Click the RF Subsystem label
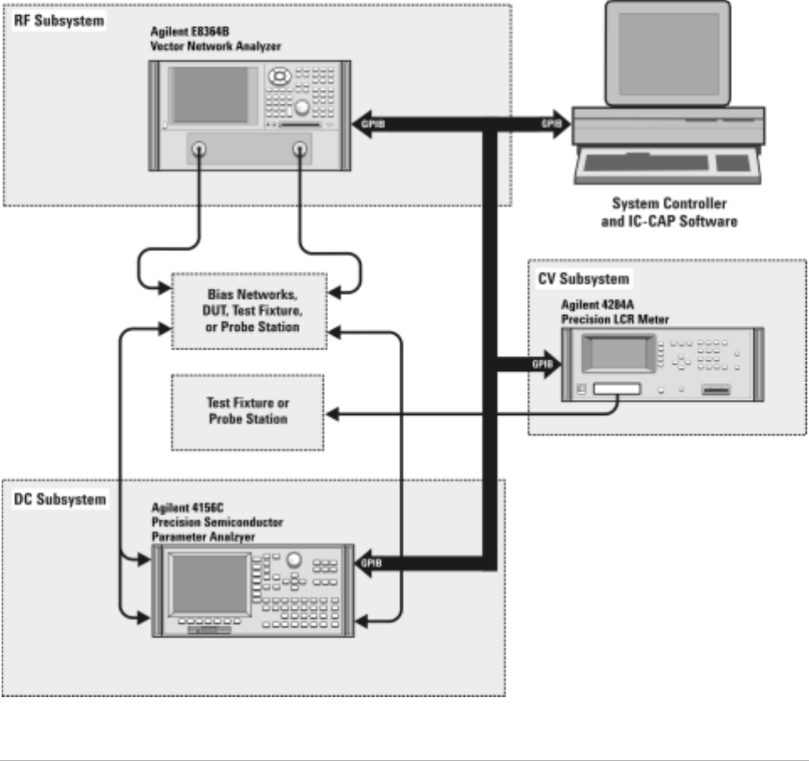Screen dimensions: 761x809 click(59, 20)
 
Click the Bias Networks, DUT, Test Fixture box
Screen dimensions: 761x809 click(247, 311)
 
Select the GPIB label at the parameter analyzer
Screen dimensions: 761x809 click(371, 562)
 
